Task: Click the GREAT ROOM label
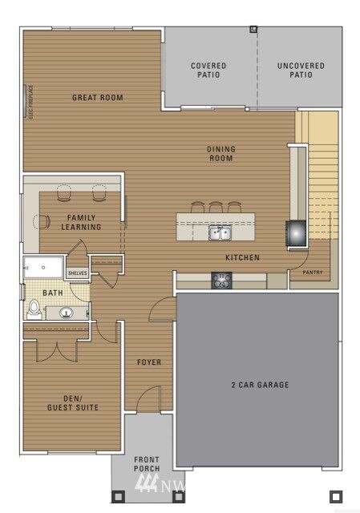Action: click(x=97, y=98)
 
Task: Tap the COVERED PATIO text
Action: click(x=208, y=71)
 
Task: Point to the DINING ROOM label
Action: click(x=220, y=153)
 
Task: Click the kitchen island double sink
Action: click(x=218, y=233)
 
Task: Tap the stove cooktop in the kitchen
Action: click(x=220, y=280)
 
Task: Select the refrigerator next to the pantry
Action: click(x=295, y=232)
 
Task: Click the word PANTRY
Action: click(x=313, y=273)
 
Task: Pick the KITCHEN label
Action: click(x=241, y=257)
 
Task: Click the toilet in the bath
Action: click(x=34, y=309)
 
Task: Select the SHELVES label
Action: click(x=77, y=273)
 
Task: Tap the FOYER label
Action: click(x=148, y=362)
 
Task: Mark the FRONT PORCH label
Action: click(x=147, y=463)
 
